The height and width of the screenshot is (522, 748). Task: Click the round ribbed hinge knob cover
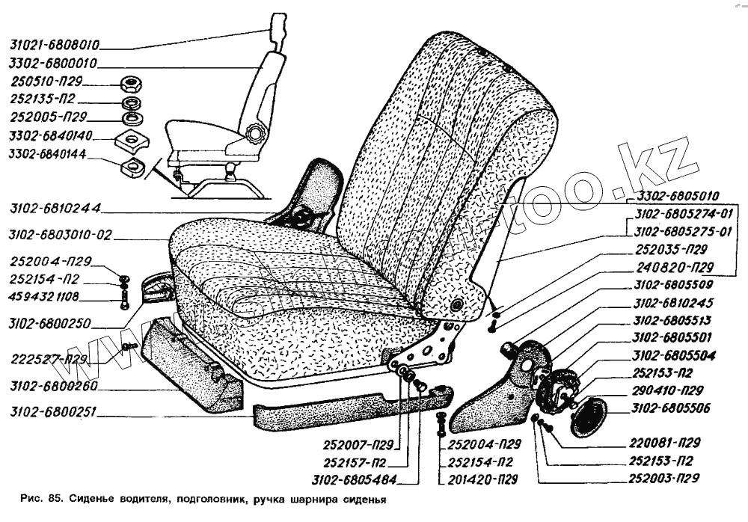[587, 417]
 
